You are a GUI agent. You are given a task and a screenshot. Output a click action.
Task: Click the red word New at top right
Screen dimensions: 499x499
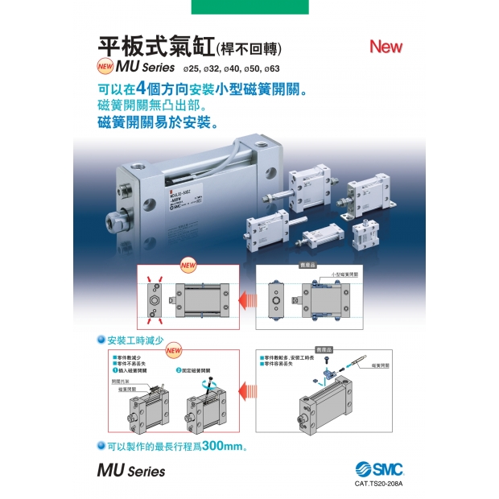point(386,46)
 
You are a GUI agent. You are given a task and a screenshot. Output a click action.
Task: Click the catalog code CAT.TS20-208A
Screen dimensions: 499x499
point(377,484)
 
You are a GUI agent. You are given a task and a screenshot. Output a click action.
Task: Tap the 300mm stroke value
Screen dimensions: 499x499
point(221,445)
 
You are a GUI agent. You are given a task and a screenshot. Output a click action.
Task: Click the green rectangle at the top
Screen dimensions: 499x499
point(249,7)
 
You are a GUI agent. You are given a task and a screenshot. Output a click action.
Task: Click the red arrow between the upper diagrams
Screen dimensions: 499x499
point(245,299)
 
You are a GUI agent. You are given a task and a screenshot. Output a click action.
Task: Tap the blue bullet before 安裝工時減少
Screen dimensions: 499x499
point(101,341)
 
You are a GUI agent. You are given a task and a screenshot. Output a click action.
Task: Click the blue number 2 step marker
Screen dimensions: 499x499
point(178,369)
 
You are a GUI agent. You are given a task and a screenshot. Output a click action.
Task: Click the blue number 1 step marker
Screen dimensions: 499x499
point(115,370)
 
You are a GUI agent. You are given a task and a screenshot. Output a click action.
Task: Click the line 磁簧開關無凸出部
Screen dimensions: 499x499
point(157,106)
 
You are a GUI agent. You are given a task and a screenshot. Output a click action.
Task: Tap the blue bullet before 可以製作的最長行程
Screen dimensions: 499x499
point(101,445)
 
